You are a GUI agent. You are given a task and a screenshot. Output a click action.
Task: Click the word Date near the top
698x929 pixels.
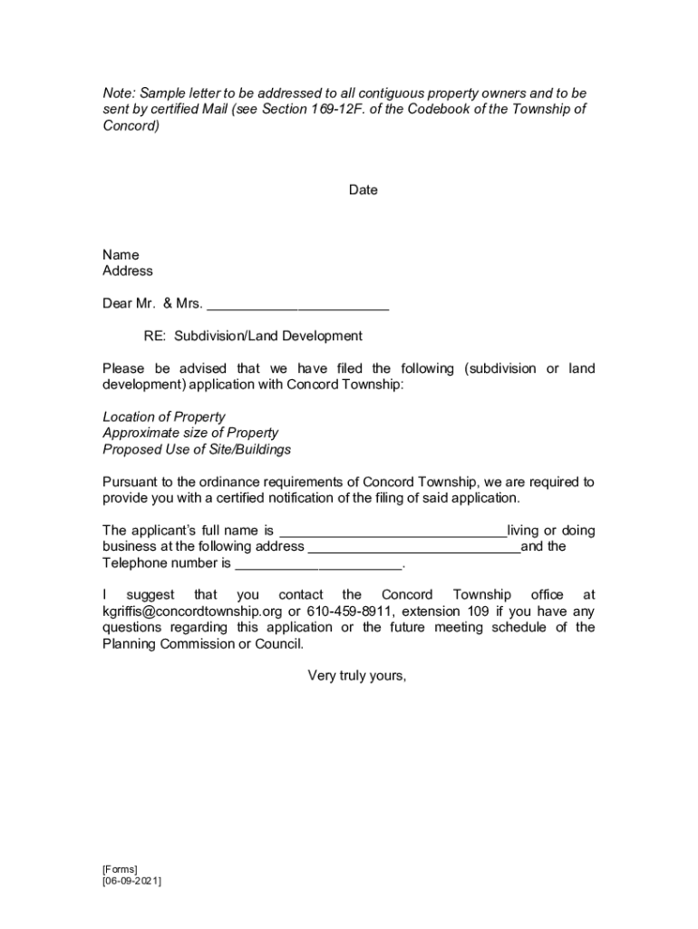coord(363,191)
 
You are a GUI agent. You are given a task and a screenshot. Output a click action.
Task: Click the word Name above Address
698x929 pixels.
coord(121,255)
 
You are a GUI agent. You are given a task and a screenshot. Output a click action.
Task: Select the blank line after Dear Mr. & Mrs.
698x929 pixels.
coord(298,304)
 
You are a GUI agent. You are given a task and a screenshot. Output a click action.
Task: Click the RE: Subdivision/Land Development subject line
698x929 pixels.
coord(253,337)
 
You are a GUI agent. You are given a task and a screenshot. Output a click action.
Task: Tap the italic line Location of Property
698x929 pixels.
coord(164,417)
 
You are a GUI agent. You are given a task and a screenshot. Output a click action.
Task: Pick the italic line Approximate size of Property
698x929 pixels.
coord(190,434)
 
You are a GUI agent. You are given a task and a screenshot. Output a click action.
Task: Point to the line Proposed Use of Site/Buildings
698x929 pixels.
coord(197,450)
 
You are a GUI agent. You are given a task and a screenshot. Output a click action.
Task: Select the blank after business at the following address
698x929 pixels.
coord(414,547)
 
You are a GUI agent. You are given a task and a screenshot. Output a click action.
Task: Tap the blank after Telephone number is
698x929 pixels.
coord(317,563)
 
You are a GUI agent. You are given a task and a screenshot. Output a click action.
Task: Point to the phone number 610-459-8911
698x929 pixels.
coord(350,611)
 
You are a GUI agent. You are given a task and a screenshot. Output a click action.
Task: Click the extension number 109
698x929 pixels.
coord(478,611)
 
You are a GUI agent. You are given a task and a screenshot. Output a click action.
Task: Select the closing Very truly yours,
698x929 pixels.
coord(357,675)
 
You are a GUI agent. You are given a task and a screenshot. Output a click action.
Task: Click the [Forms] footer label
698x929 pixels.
coord(120,869)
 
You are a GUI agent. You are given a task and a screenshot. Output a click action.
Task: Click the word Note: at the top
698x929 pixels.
coord(119,93)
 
